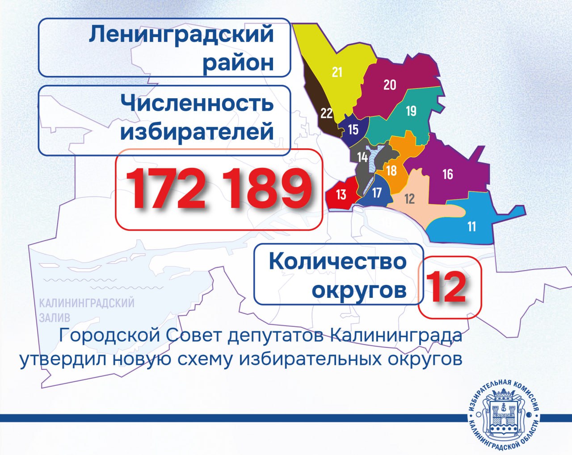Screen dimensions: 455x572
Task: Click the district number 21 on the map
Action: point(337,72)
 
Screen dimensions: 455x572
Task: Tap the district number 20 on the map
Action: point(390,84)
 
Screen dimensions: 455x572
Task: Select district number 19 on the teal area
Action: point(411,111)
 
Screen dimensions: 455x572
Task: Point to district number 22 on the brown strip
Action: point(327,113)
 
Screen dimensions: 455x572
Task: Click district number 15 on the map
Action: point(353,129)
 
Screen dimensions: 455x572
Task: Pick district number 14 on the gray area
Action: point(362,157)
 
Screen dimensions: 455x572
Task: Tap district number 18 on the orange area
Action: point(391,171)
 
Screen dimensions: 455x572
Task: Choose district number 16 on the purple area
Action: point(448,174)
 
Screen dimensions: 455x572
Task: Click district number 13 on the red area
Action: point(341,194)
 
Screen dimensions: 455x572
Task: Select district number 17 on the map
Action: point(377,193)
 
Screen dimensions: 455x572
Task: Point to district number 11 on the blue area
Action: point(472,227)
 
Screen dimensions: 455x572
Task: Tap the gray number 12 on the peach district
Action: point(409,199)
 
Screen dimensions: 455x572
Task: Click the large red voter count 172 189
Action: point(219,189)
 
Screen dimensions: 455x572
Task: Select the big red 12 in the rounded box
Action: point(446,287)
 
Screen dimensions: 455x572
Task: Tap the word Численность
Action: point(197,103)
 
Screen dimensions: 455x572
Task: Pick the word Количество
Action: point(337,262)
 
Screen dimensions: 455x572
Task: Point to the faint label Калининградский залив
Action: point(87,310)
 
